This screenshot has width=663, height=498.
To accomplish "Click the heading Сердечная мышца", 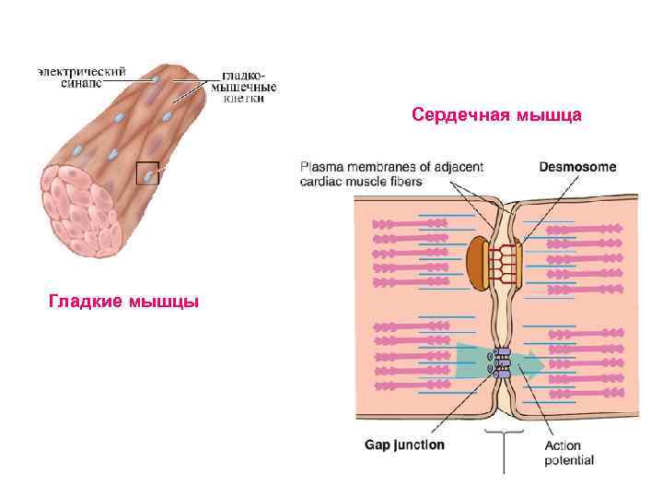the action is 496,116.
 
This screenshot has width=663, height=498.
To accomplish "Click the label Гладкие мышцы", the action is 123,302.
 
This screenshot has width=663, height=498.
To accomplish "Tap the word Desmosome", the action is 577,167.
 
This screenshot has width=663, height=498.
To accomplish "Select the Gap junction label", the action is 405,445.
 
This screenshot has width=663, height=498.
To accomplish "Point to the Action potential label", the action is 569,453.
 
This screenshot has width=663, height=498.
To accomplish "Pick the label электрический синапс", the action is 82,75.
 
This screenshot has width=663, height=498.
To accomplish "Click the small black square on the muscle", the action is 147,172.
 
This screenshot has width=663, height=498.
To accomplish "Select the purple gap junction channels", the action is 502,362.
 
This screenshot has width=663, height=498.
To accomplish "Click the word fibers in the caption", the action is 406,182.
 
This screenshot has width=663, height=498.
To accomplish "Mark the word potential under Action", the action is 569,460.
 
